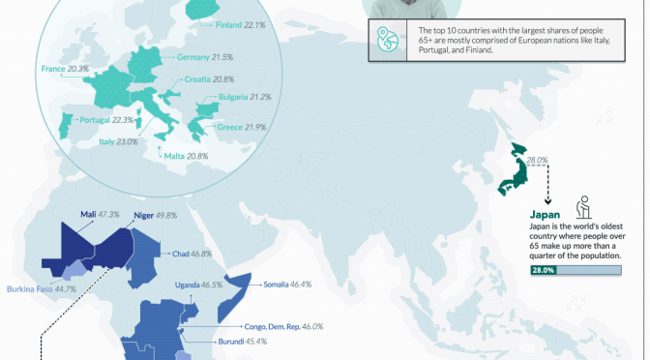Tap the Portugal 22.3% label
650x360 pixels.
point(106,120)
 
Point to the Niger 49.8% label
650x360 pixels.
point(155,215)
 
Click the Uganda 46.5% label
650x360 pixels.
point(198,285)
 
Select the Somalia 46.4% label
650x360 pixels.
point(287,285)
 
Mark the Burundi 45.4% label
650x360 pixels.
point(238,342)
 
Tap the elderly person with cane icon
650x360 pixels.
point(583,208)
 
